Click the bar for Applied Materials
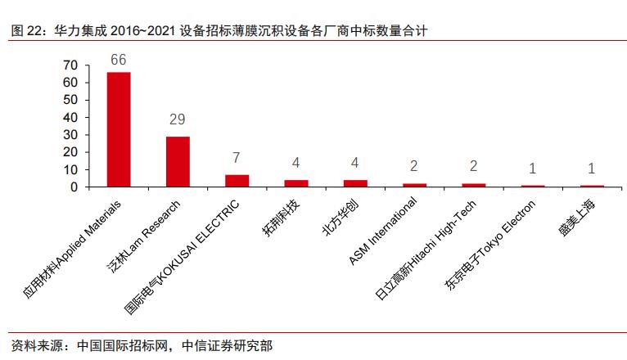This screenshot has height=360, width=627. (x=119, y=129)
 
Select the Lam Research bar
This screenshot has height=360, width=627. (x=178, y=161)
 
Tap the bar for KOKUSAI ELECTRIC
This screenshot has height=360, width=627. (x=237, y=181)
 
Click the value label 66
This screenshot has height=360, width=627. (x=119, y=60)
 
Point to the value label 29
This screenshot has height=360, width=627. (x=178, y=119)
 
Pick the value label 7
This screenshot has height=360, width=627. (x=237, y=157)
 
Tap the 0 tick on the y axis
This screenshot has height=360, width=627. (x=74, y=187)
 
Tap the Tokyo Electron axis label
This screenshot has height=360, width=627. (x=494, y=242)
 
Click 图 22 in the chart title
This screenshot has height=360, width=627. (x=27, y=31)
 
